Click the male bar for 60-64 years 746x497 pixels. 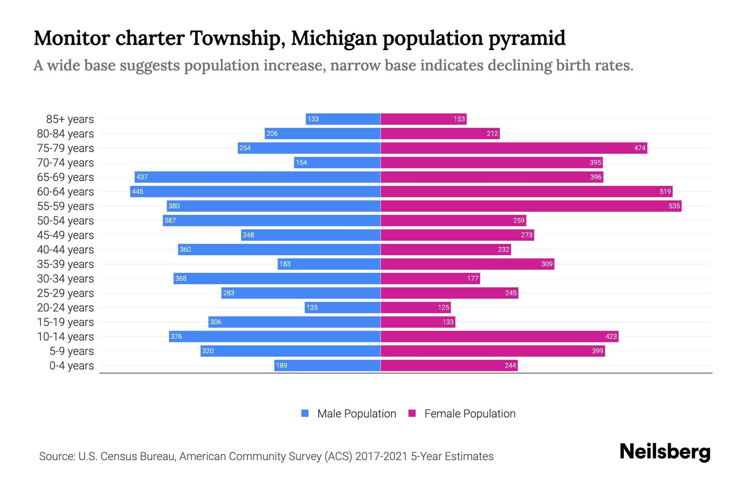255,191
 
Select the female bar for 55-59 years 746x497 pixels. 531,206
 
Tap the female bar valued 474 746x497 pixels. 514,148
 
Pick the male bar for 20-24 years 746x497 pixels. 343,307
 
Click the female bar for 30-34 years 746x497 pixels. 430,278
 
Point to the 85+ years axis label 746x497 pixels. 70,119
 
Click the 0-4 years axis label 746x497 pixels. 71,366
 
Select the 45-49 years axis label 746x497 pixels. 65,235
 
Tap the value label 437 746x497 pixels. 142,177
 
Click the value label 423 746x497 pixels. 611,336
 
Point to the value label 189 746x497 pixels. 281,365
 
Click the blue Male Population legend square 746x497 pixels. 305,413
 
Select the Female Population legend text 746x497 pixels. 470,414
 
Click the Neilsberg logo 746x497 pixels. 665,452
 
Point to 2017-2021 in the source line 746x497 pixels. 381,456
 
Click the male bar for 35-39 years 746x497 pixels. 329,264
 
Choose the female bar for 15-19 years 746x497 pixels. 418,322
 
